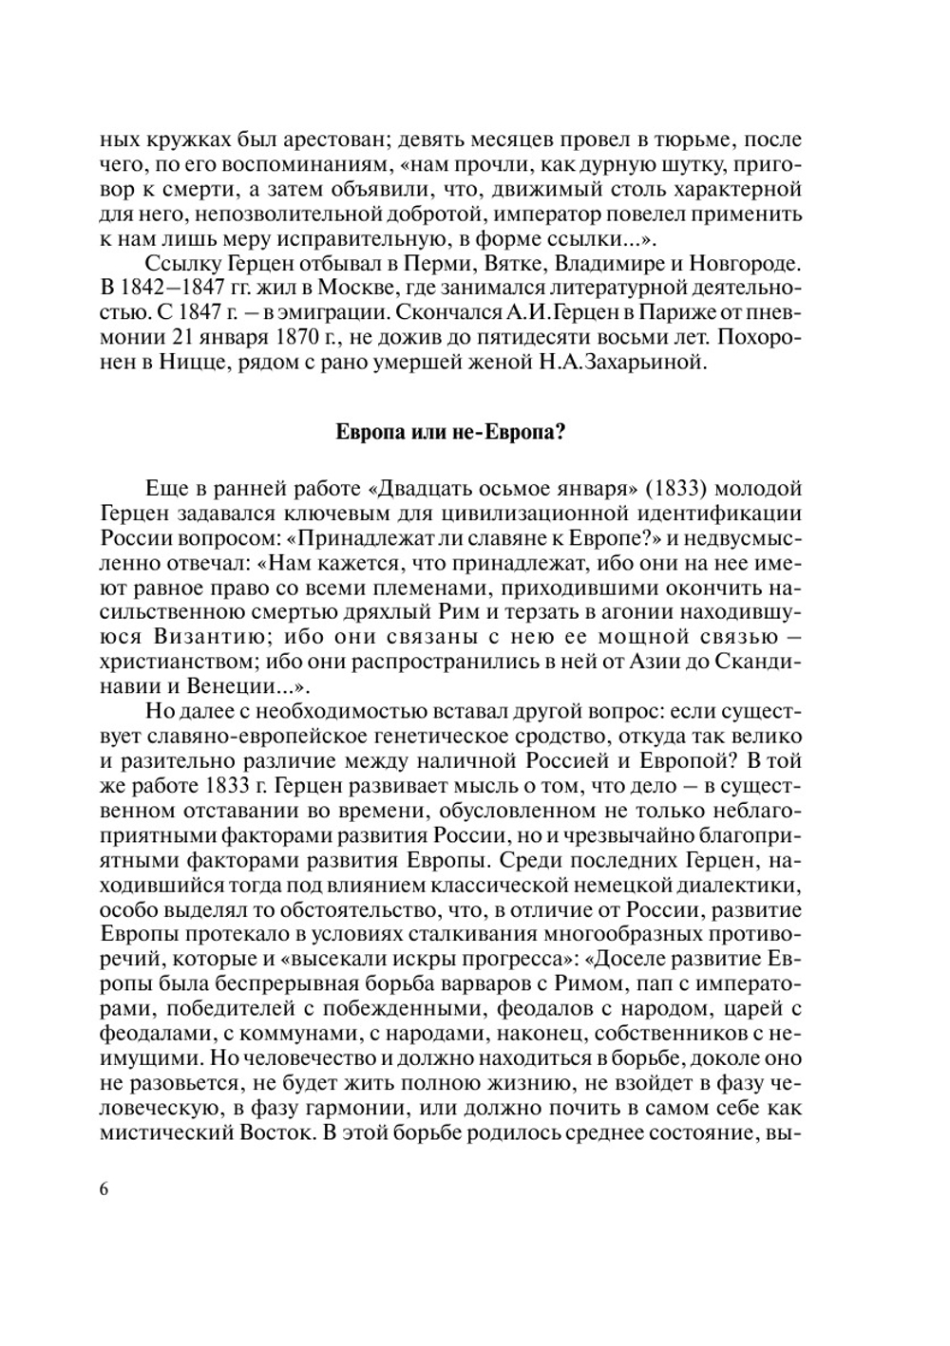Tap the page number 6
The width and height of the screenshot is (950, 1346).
[x=104, y=1190]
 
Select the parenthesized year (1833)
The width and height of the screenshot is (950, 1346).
[x=675, y=489]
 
